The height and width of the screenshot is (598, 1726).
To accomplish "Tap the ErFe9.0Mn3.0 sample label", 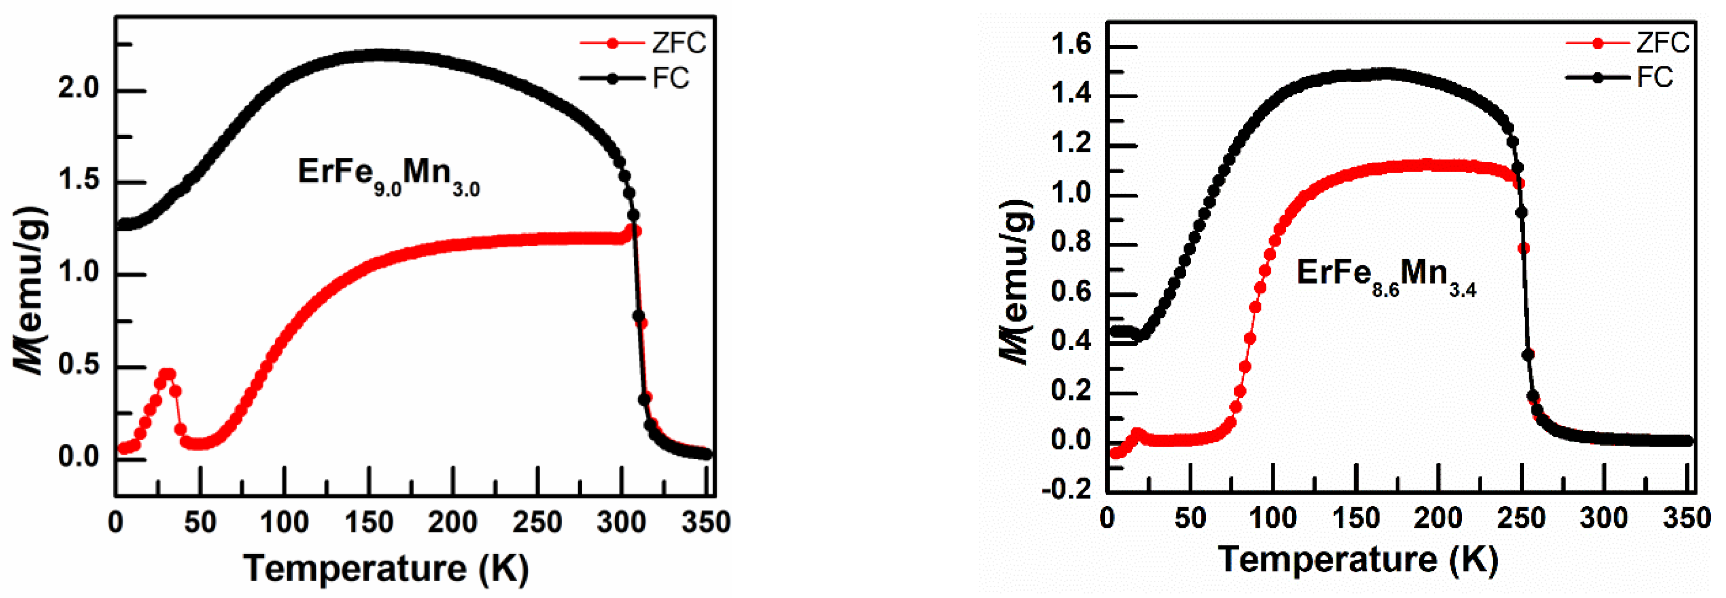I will pos(389,175).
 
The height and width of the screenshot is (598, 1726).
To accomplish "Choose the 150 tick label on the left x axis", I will pos(369,523).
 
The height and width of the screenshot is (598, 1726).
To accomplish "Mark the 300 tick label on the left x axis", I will pos(621,523).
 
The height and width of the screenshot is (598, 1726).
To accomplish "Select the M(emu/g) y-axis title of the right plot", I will pos(1016,281).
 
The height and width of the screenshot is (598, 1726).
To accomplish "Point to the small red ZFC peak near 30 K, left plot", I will pos(167,374).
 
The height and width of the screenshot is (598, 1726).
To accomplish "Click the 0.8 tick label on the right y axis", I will pos(1071,242).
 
